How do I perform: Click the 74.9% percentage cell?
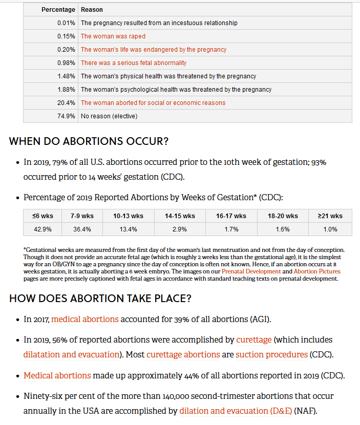[x=67, y=116]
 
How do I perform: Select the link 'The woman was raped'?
[x=113, y=36]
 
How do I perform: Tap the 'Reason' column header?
[x=92, y=10]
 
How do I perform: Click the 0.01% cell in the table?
[x=67, y=23]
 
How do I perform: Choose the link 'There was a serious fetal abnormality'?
[x=133, y=63]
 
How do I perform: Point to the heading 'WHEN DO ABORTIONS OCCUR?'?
[x=89, y=141]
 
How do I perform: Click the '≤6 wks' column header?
[x=43, y=216]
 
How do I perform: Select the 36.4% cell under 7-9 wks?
[x=82, y=229]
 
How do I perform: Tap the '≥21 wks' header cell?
[x=330, y=216]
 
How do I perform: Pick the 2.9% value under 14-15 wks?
[x=180, y=229]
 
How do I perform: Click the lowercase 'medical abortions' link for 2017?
[x=85, y=320]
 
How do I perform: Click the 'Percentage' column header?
[x=58, y=10]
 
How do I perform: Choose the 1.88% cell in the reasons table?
[x=67, y=90]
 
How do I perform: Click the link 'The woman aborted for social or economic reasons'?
[x=153, y=103]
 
